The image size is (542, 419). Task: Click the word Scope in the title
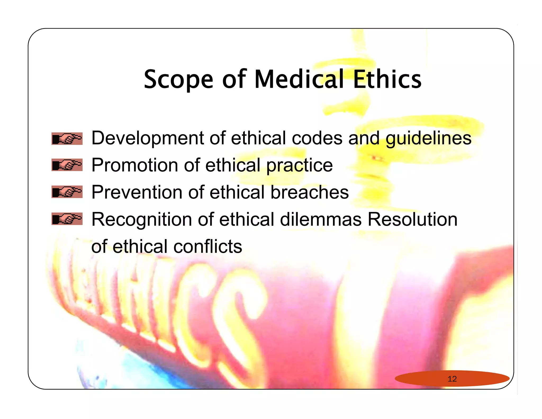coord(178,79)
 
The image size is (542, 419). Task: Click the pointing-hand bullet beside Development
coord(67,139)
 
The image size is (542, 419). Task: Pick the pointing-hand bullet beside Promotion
coord(67,165)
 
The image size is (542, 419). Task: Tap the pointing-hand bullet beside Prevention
coord(67,192)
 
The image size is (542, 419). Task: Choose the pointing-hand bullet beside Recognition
coord(67,219)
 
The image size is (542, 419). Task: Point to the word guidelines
coord(428,138)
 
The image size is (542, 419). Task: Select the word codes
coord(317,138)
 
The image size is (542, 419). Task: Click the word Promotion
coord(135,165)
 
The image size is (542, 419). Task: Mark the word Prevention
coord(137,192)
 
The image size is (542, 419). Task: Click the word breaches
coord(309,192)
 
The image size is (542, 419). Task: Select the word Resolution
coord(413,219)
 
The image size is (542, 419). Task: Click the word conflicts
coord(208,247)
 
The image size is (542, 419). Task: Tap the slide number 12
coord(452,379)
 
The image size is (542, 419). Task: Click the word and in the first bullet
coord(364,138)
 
